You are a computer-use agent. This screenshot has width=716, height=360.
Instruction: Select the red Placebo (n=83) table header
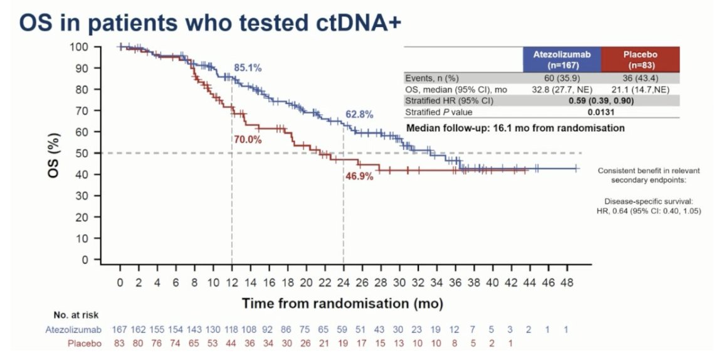[640, 60]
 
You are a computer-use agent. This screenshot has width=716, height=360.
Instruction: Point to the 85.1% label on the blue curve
[248, 68]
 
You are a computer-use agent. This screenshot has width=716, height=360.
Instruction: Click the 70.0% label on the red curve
[248, 140]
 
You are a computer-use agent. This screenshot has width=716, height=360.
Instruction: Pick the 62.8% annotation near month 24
[359, 115]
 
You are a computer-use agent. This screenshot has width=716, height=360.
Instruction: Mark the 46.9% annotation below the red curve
[359, 177]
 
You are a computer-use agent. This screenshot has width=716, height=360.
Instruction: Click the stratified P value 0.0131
[601, 112]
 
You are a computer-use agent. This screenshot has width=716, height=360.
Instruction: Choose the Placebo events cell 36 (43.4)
[640, 78]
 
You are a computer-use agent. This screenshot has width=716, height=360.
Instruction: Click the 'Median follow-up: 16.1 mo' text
[515, 128]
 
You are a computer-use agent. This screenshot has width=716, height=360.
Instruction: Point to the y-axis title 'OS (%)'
[55, 153]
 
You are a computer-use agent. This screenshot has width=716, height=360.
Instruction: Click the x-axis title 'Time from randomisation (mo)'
[343, 304]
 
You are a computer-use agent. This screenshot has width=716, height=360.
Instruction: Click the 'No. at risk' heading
[76, 315]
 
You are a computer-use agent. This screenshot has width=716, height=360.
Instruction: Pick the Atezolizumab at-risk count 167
[120, 329]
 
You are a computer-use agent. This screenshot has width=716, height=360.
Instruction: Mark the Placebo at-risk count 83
[120, 343]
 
